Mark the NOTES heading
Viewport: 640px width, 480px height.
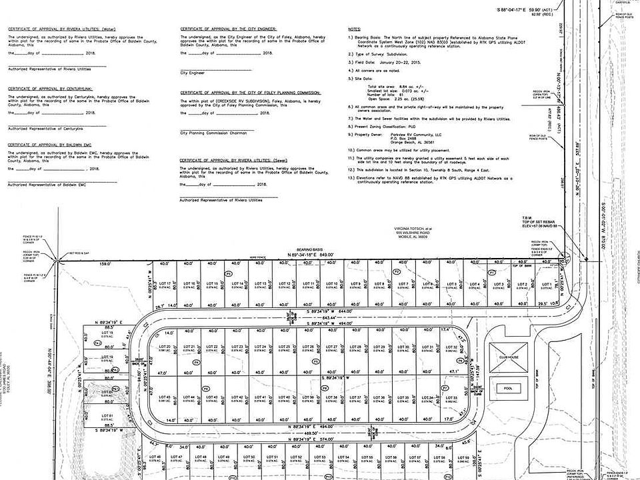point(354,30)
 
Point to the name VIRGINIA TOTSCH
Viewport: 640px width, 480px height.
point(411,227)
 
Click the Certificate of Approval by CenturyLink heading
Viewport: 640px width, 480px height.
point(51,88)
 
